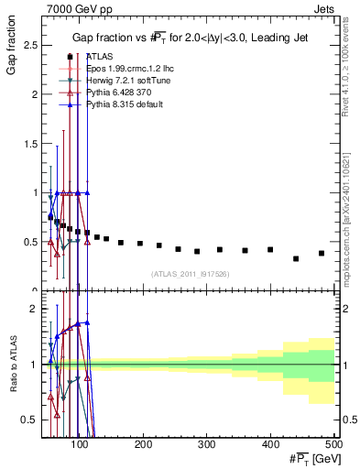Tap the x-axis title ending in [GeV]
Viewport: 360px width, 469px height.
pos(310,458)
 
